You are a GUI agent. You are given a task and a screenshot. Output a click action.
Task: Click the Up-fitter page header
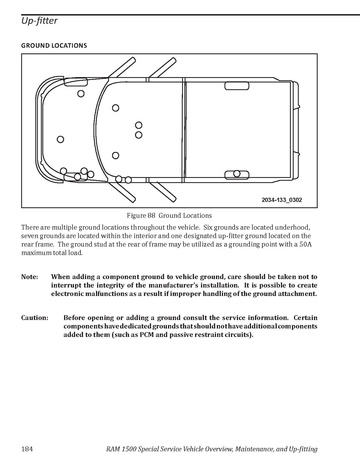pos(39,21)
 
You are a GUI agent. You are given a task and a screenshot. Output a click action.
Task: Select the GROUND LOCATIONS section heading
pos(54,46)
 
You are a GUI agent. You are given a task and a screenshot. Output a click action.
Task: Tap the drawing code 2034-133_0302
pos(282,200)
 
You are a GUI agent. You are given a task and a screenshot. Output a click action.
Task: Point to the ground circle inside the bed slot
pos(237,174)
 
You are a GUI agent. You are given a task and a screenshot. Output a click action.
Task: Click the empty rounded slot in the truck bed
pos(237,86)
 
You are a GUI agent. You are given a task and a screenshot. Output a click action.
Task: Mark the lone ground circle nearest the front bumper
pos(60,139)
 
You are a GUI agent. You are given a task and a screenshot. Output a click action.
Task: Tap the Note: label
pos(30,277)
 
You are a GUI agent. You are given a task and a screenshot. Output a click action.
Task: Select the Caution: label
pos(35,318)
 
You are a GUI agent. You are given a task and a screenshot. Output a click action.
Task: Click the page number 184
pos(27,449)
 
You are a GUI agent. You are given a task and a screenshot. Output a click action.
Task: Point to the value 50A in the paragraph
pos(305,244)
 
